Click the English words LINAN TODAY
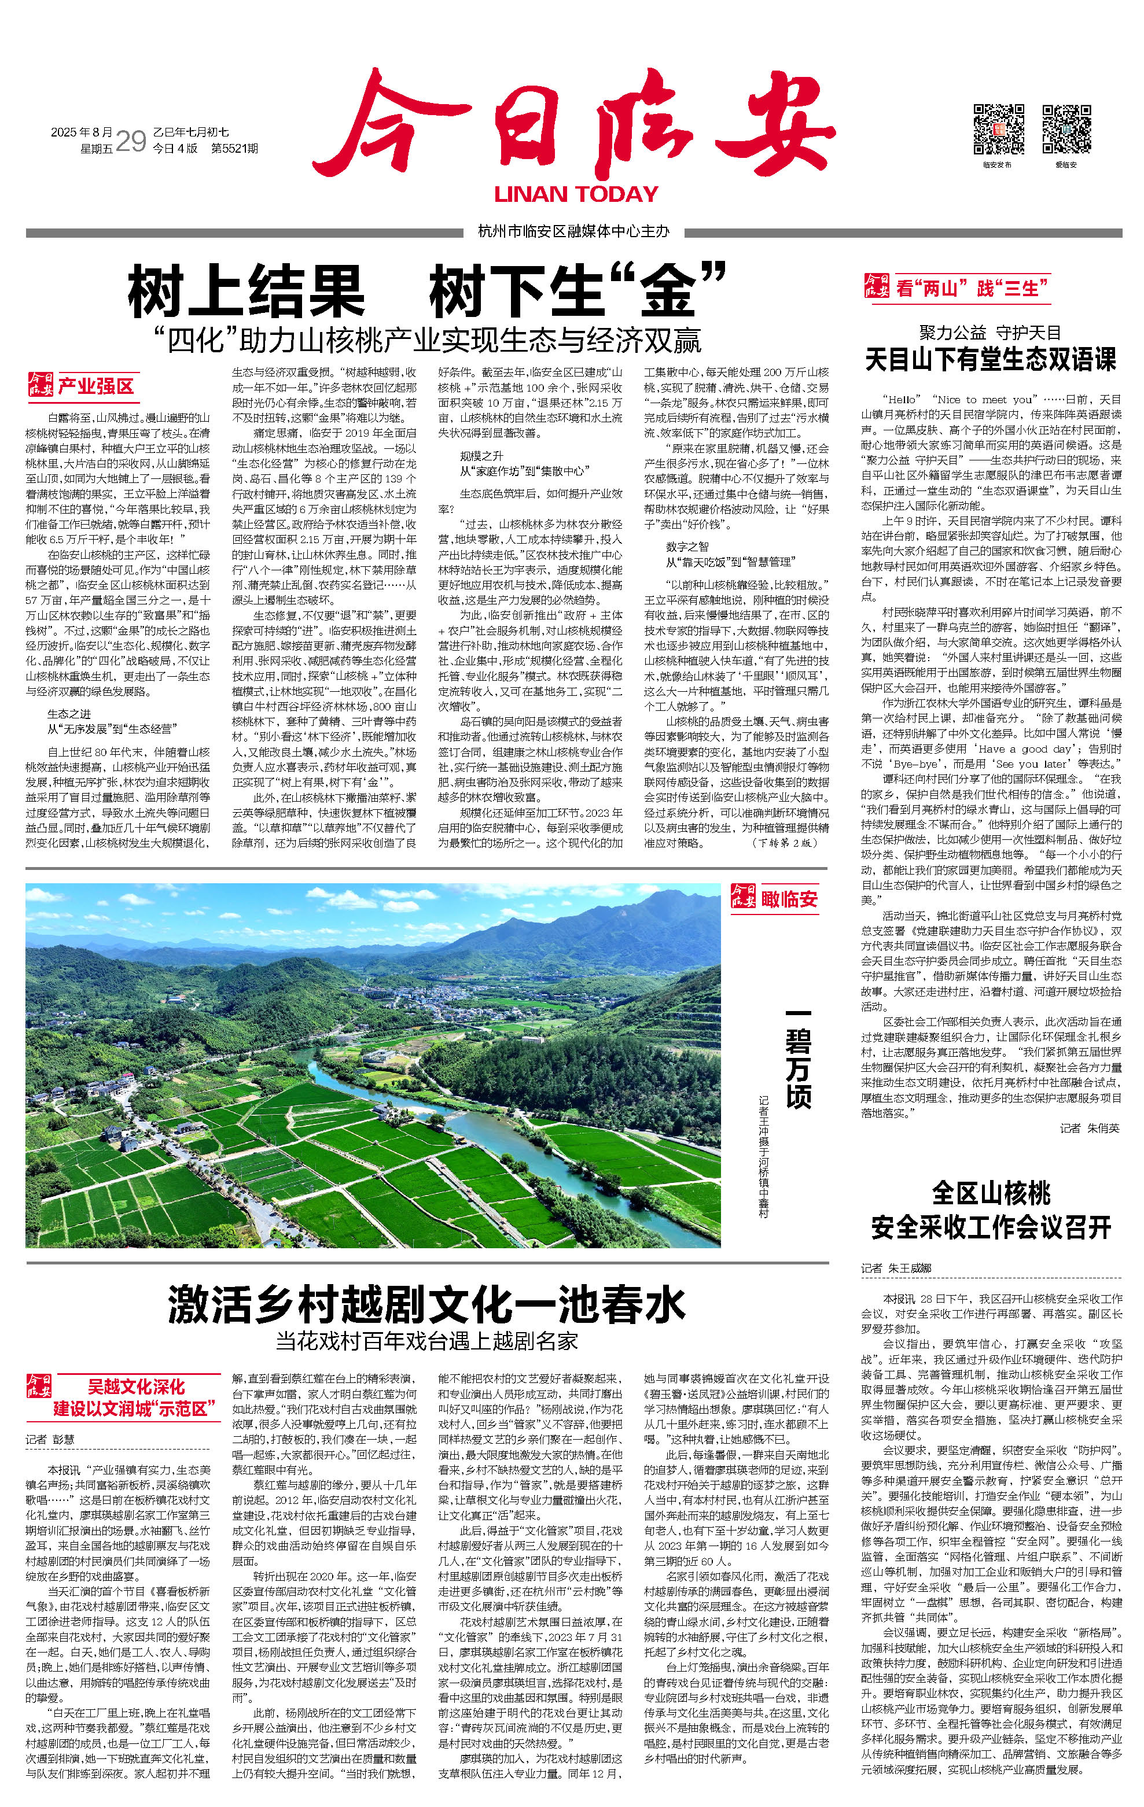[x=576, y=194]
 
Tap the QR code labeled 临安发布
[x=998, y=129]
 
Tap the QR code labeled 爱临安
[x=1066, y=129]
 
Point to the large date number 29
[x=131, y=141]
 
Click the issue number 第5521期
[x=235, y=149]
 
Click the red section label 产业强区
[x=95, y=386]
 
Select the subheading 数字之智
[x=687, y=546]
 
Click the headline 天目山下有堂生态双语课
[x=991, y=359]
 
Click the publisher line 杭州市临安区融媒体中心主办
[x=573, y=232]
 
